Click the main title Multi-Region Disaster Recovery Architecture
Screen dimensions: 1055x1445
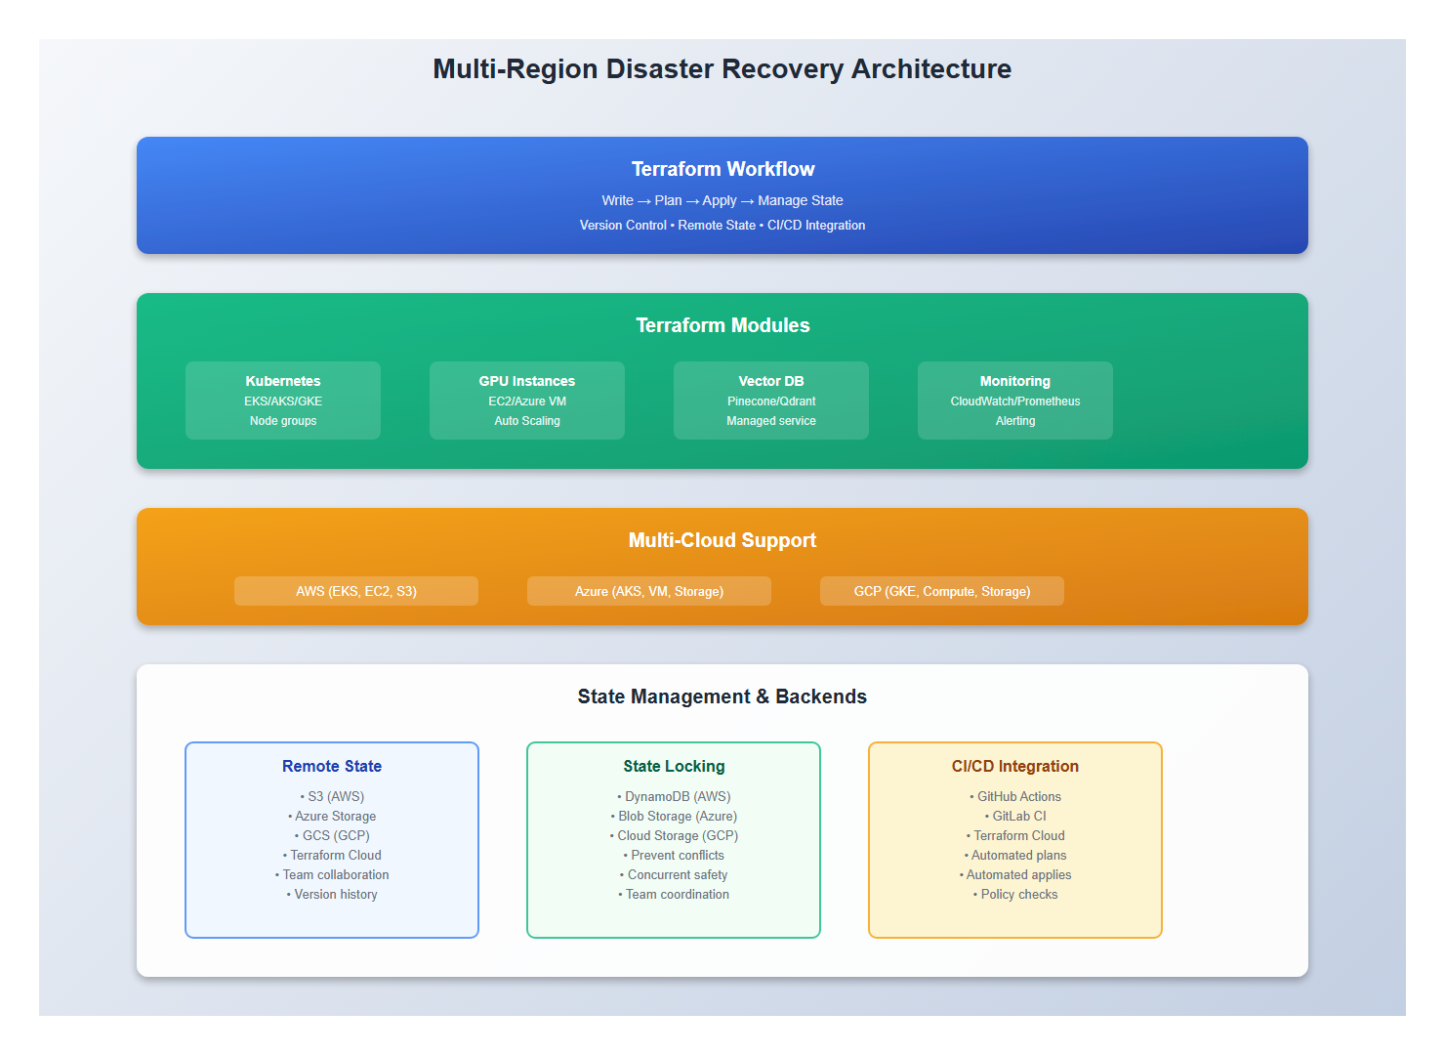[x=722, y=69]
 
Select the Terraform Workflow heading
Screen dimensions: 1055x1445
[x=722, y=169]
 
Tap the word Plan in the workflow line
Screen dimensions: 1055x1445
[x=668, y=200]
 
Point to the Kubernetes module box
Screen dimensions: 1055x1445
[x=283, y=401]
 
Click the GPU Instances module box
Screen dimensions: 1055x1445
[x=527, y=401]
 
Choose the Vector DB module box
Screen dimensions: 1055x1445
[x=771, y=401]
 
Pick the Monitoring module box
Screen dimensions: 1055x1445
[x=1015, y=401]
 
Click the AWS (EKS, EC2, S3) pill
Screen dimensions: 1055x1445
[x=356, y=591]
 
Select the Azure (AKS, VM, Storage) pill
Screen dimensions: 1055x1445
[x=649, y=591]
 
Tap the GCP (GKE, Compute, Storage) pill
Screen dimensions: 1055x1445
[x=942, y=591]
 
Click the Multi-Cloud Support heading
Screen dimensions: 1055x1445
[x=722, y=540]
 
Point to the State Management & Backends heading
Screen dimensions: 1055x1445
[x=722, y=696]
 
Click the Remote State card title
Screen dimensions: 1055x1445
[x=332, y=766]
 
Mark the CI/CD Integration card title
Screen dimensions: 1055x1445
[x=1015, y=766]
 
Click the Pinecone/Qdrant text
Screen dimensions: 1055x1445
[x=771, y=401]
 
